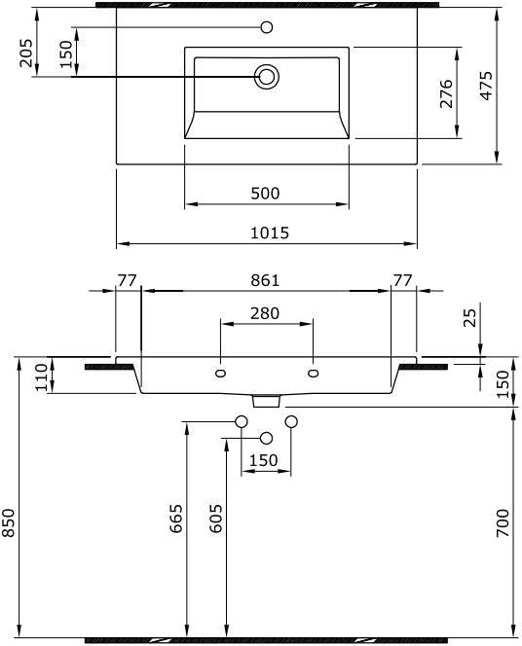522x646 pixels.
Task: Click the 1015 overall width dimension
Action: point(270,233)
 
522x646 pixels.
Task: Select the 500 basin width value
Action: point(265,194)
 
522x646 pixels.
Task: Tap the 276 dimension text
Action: point(446,93)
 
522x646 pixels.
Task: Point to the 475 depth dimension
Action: point(487,86)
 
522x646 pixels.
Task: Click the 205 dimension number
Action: point(26,53)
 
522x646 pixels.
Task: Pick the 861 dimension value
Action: point(265,280)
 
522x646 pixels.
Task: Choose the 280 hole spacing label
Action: point(265,313)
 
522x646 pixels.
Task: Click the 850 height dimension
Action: point(8,523)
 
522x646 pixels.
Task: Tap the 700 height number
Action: point(503,522)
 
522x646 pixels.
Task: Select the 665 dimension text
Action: point(176,519)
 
